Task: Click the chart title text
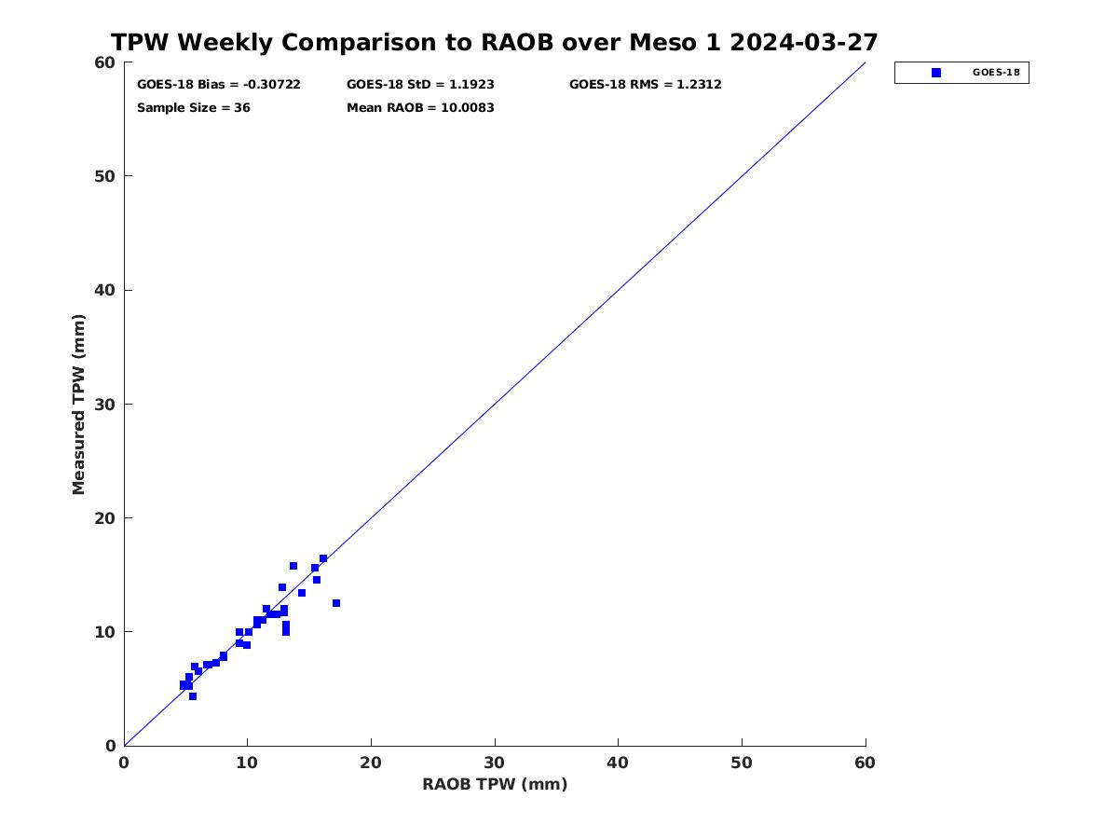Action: (x=494, y=42)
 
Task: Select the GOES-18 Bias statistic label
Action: (x=219, y=85)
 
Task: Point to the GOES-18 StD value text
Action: (x=420, y=85)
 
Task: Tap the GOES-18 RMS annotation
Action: (x=645, y=85)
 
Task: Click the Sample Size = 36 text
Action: (x=194, y=108)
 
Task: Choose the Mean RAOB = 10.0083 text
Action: (x=420, y=108)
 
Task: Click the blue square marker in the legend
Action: (x=936, y=73)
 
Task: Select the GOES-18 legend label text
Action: (x=996, y=73)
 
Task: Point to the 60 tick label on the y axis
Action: (x=104, y=62)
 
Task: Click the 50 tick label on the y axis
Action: (x=104, y=176)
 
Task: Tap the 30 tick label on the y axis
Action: (x=104, y=405)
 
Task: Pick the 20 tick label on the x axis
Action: (x=370, y=763)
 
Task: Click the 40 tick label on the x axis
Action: (x=618, y=763)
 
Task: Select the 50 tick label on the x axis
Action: (x=741, y=763)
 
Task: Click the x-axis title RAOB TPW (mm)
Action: (x=495, y=784)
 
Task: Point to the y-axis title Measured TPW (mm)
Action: (x=78, y=405)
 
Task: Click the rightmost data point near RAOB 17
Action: (x=336, y=604)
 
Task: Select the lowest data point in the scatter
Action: (x=193, y=696)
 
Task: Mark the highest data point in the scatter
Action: (x=323, y=558)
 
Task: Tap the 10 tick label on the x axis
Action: (x=247, y=763)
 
